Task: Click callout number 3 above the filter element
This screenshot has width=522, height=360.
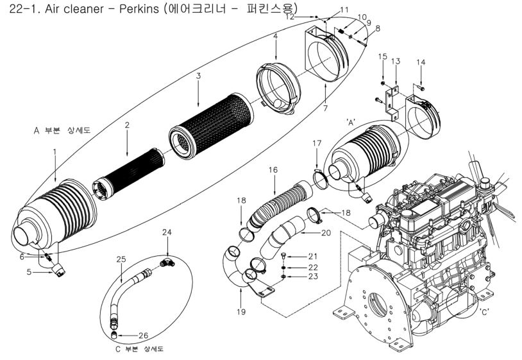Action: click(x=199, y=76)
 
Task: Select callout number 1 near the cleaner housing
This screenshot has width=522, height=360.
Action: click(x=55, y=151)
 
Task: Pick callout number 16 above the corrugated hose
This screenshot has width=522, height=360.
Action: click(x=273, y=170)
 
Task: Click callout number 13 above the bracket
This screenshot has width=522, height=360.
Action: click(x=396, y=60)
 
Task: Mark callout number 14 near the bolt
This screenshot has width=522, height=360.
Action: click(x=421, y=62)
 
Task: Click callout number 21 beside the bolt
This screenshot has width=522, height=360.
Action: click(x=314, y=256)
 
